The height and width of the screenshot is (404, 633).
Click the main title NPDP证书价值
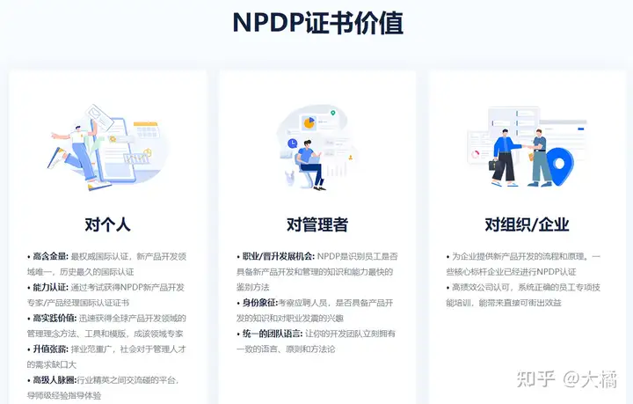(318, 23)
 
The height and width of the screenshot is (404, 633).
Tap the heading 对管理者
(316, 224)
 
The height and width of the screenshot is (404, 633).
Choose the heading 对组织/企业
(527, 224)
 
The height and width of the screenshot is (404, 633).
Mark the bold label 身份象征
(259, 303)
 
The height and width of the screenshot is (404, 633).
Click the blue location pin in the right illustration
(560, 164)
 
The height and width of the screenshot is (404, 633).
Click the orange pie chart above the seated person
(309, 121)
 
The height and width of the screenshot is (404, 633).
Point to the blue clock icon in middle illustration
(292, 143)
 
